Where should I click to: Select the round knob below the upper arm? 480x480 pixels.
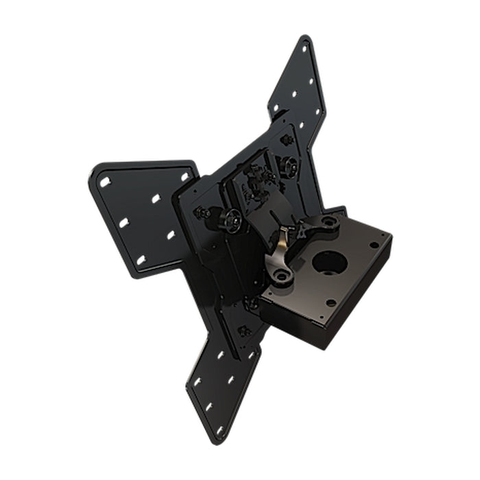click(x=289, y=165)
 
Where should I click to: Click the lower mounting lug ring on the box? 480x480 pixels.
click(x=280, y=276)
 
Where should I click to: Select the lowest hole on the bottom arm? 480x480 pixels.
click(x=219, y=430)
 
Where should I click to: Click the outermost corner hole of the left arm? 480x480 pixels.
click(x=105, y=182)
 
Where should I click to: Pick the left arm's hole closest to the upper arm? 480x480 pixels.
click(x=184, y=176)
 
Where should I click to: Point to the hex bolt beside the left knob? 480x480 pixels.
click(x=204, y=213)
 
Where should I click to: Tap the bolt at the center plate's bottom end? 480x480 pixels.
click(x=243, y=331)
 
